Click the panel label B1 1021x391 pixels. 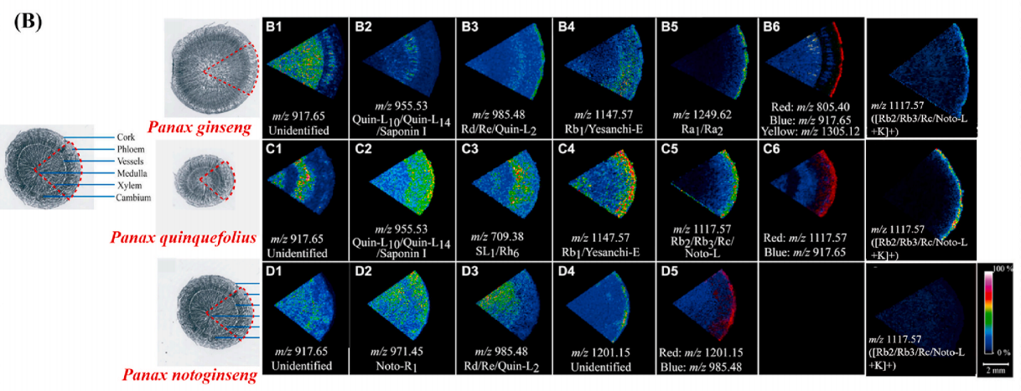click(276, 26)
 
